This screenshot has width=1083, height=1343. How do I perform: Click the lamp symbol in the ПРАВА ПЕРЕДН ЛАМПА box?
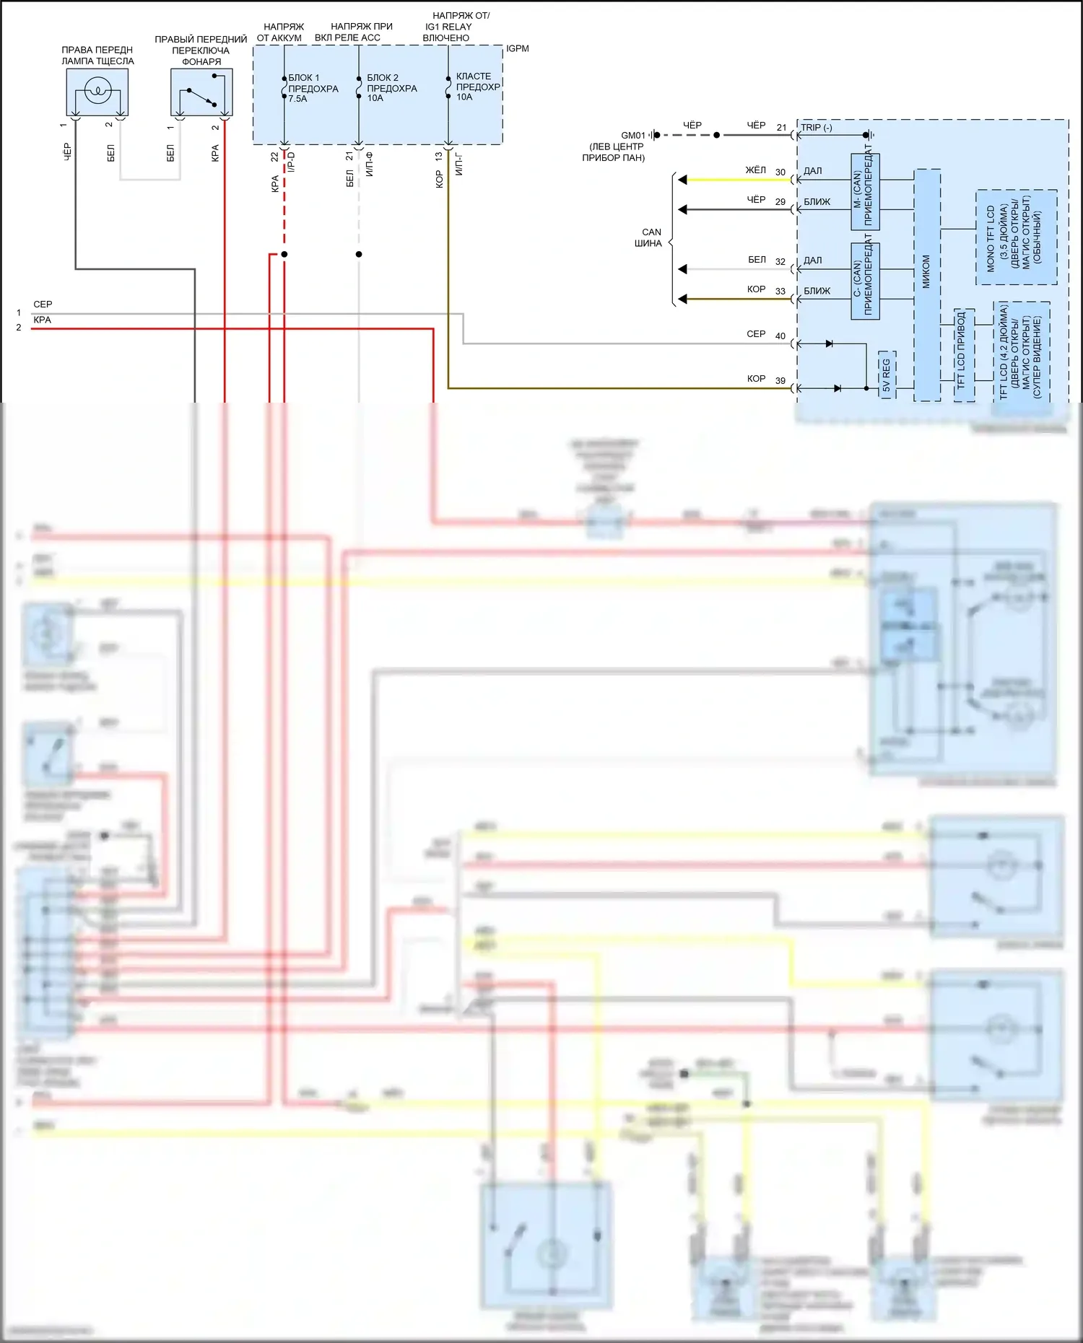97,91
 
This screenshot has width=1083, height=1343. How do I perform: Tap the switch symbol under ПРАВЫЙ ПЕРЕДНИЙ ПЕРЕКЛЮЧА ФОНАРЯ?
201,95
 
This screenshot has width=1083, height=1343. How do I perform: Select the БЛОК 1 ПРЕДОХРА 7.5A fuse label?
313,88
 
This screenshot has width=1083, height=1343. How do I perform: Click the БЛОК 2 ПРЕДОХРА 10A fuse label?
391,88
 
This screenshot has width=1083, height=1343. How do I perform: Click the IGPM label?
517,48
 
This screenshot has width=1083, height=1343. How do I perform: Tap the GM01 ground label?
632,135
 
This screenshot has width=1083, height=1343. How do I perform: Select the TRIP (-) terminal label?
817,128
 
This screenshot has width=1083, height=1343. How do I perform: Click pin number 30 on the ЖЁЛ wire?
780,172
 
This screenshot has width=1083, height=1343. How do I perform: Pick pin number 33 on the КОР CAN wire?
780,292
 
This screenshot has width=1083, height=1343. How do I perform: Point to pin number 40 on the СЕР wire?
780,336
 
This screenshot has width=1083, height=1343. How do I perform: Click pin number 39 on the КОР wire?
780,381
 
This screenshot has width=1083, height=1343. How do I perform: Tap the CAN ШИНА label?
649,237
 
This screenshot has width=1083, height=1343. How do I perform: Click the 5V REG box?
887,375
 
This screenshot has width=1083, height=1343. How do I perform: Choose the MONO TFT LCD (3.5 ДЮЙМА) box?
1016,237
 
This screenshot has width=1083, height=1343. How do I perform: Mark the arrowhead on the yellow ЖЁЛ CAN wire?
682,180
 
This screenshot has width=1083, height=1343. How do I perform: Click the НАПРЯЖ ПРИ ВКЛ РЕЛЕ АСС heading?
354,32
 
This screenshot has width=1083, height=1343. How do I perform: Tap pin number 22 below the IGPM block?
274,157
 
